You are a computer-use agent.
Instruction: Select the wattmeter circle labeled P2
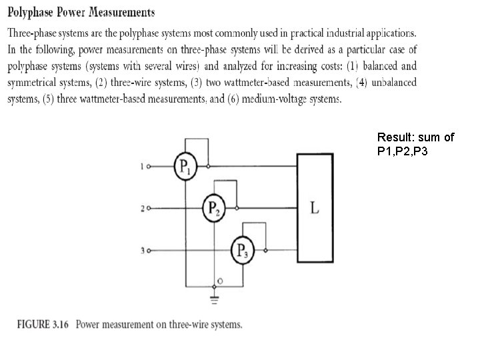pyautogui.click(x=215, y=208)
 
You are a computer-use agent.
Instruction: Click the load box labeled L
pyautogui.click(x=315, y=208)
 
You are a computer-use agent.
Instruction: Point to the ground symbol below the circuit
pyautogui.click(x=215, y=298)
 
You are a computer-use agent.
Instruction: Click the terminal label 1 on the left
pyautogui.click(x=142, y=167)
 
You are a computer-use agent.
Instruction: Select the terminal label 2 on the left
pyautogui.click(x=142, y=209)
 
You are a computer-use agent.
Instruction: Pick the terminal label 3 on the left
pyautogui.click(x=142, y=251)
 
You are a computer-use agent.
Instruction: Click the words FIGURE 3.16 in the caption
pyautogui.click(x=42, y=325)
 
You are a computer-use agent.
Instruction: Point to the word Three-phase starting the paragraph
pyautogui.click(x=33, y=33)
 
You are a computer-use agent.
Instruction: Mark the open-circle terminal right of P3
pyautogui.click(x=267, y=251)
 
